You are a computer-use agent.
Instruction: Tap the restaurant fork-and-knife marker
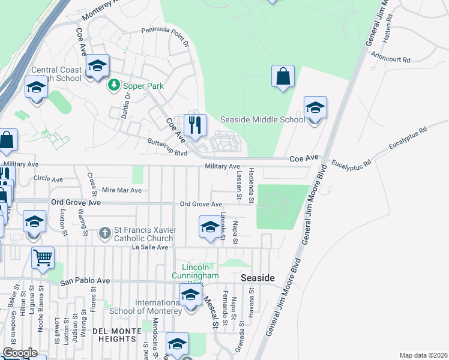[194, 126]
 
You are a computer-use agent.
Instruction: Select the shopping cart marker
[43, 259]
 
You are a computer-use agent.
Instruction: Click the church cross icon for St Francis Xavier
[104, 232]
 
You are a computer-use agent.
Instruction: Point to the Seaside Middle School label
[262, 119]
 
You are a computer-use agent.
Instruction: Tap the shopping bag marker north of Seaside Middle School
[283, 77]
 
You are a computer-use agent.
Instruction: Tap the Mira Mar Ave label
[121, 190]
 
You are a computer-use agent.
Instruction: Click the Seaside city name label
[258, 278]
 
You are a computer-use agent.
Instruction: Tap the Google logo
[20, 353]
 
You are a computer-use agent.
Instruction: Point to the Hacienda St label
[253, 184]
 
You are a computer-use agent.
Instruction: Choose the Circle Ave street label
[49, 179]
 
